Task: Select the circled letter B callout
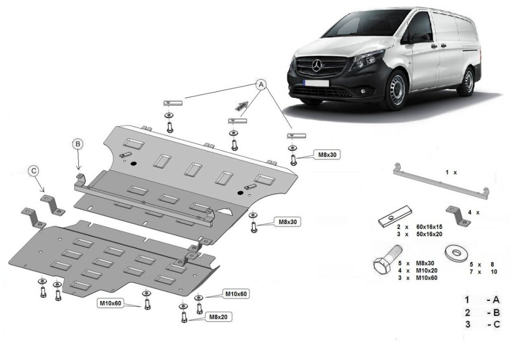tap(78, 144)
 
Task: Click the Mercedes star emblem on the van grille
tap(317, 66)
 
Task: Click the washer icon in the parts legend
tap(454, 251)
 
